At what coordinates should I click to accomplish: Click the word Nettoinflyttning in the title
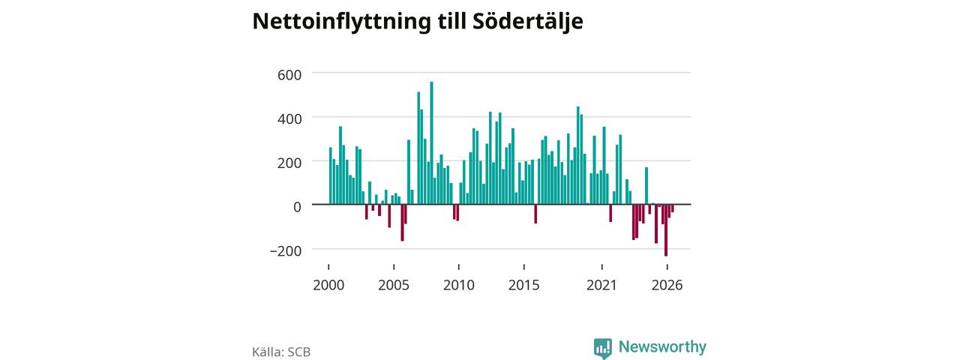click(341, 22)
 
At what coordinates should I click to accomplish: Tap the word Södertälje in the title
click(527, 22)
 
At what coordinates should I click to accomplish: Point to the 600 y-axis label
click(289, 75)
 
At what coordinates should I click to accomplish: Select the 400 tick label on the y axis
click(289, 118)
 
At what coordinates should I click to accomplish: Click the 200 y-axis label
click(289, 163)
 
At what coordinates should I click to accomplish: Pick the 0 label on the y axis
click(297, 207)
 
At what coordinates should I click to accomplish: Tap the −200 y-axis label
click(286, 250)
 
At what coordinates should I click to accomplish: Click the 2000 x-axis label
click(328, 285)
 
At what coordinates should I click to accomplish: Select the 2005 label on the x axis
click(394, 285)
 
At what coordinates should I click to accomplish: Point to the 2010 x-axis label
click(459, 285)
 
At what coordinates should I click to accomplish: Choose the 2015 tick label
click(523, 285)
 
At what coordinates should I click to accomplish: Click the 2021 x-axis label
click(601, 285)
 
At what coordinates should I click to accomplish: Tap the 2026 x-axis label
click(667, 285)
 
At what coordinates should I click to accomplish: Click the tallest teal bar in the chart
click(431, 142)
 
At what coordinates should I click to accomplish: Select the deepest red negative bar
click(666, 230)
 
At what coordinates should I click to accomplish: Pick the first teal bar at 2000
click(331, 175)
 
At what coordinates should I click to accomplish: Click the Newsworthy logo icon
click(602, 348)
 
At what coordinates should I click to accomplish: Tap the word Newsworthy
click(662, 346)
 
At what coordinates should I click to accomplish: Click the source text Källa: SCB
click(281, 352)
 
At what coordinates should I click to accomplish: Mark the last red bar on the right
click(673, 208)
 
